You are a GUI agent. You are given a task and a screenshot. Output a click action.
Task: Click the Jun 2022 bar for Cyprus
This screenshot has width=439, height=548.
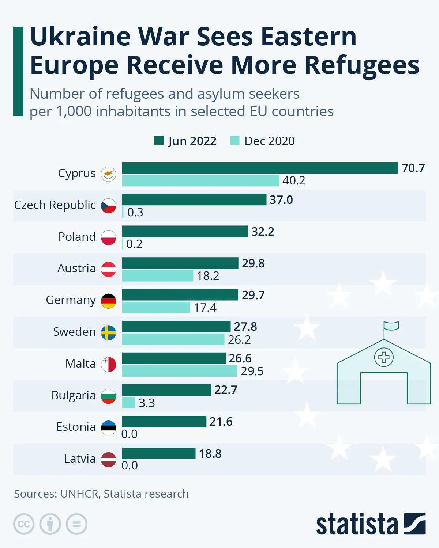click(260, 168)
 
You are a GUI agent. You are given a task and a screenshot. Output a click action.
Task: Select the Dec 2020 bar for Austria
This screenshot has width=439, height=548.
click(157, 276)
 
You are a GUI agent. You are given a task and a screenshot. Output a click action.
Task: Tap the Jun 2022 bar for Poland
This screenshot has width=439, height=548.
click(185, 231)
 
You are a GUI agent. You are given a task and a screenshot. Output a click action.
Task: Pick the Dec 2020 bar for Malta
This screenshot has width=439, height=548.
click(179, 371)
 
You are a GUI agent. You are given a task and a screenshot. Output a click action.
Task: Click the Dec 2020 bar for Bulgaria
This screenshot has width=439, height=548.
click(128, 403)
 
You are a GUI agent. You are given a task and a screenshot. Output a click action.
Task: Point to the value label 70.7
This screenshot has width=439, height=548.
click(413, 168)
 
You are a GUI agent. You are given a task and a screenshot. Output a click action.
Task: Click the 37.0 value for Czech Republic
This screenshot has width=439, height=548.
click(281, 200)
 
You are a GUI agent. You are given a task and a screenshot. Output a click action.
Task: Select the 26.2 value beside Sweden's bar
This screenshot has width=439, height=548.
click(239, 340)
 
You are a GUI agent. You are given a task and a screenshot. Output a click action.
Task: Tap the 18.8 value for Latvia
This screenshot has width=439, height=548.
click(210, 454)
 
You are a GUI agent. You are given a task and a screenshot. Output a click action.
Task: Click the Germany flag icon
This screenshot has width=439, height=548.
click(109, 301)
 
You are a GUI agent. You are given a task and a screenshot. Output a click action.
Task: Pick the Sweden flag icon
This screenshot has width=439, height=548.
click(109, 333)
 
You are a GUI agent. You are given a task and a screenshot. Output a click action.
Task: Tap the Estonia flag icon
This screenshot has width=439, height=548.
click(109, 428)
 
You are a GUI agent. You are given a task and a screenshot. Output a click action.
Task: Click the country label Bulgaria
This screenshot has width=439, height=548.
click(74, 395)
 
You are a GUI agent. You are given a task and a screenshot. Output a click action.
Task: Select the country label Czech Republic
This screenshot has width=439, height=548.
click(55, 205)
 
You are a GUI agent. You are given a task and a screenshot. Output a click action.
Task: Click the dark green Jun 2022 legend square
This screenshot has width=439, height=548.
click(159, 141)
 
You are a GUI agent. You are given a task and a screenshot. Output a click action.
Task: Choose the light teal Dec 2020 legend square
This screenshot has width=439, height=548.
click(234, 141)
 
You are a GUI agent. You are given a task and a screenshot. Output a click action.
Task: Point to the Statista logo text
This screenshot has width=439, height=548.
click(357, 524)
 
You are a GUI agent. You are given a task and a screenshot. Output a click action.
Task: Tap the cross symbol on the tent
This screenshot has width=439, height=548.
click(384, 357)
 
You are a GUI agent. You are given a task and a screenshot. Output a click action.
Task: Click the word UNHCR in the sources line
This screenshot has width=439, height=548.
click(79, 494)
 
